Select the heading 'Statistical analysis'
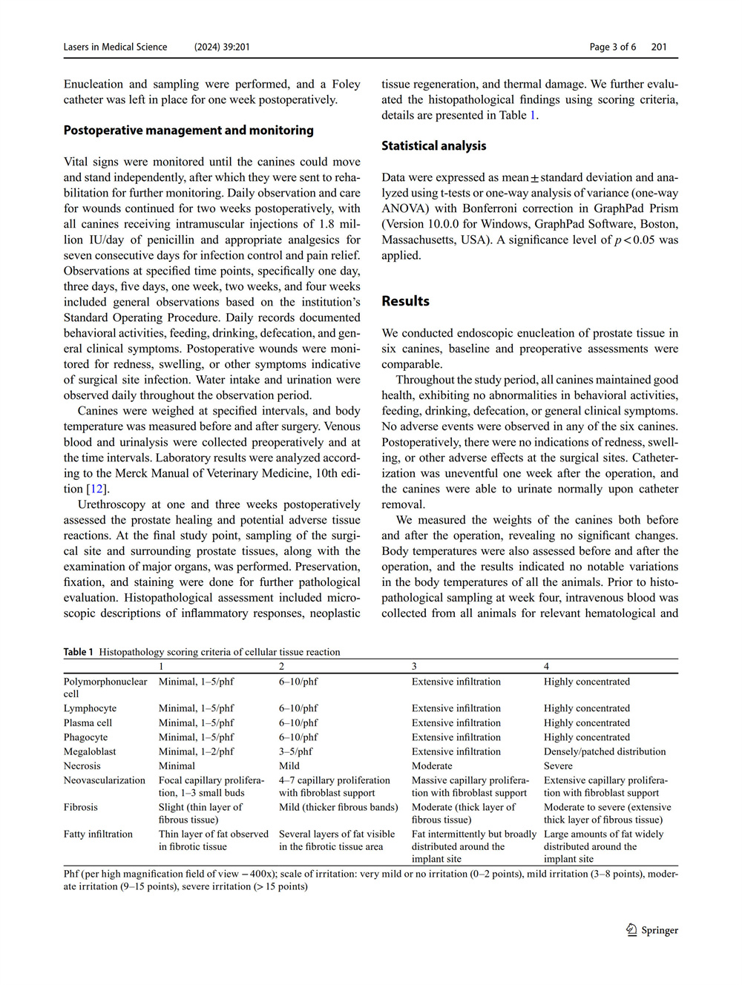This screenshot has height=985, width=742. [x=434, y=146]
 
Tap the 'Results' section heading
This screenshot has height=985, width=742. [x=405, y=301]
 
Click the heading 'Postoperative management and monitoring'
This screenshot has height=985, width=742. [x=188, y=131]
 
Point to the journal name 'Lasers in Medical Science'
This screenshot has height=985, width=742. [x=115, y=47]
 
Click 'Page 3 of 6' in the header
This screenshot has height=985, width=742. [x=613, y=47]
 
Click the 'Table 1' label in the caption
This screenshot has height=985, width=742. [x=78, y=652]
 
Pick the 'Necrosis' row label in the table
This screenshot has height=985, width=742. [x=82, y=765]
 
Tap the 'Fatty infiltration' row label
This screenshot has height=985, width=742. [x=98, y=834]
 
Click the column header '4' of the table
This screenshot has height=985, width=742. [x=546, y=666]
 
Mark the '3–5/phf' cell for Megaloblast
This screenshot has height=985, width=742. [x=295, y=751]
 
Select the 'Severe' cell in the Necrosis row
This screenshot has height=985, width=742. [x=558, y=765]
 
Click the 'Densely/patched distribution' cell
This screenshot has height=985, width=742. [x=605, y=751]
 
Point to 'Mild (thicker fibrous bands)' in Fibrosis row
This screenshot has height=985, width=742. [x=338, y=807]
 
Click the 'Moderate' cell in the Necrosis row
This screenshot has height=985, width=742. [x=432, y=765]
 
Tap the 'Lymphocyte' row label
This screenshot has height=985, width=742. [x=90, y=708]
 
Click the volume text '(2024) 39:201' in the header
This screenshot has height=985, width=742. [x=222, y=47]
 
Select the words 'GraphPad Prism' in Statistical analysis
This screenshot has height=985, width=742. [x=640, y=208]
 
